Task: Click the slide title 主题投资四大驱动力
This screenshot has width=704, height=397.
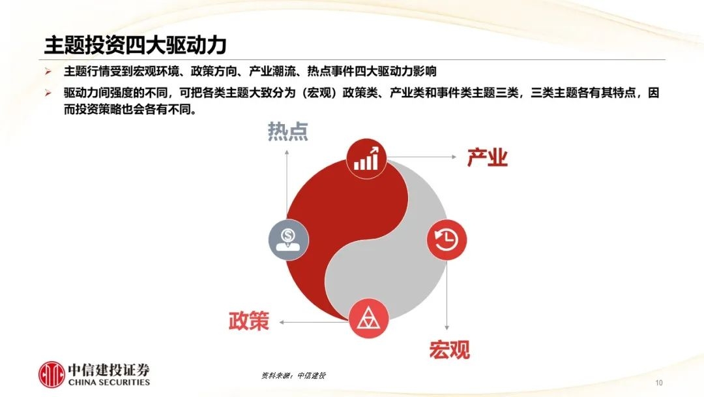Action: tap(135, 45)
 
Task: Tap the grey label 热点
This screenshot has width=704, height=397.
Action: tap(288, 131)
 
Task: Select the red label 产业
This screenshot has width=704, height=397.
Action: tap(487, 157)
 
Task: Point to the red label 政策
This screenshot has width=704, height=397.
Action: tap(249, 321)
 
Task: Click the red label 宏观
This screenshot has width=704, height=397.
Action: tap(449, 350)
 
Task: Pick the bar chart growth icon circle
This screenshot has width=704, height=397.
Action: tap(367, 159)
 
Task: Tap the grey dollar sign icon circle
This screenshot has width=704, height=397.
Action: tap(288, 240)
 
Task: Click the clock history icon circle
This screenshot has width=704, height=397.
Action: tap(447, 240)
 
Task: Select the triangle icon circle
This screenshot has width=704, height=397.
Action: tap(368, 319)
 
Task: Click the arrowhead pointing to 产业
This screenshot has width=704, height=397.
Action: tap(454, 157)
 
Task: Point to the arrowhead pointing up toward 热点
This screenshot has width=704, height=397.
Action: tap(286, 153)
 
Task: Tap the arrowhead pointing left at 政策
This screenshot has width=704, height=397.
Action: tap(282, 322)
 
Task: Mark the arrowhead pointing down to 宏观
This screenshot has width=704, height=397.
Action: tap(447, 327)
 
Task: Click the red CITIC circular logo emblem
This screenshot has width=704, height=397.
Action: tap(51, 374)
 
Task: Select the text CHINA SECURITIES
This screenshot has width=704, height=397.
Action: tap(109, 383)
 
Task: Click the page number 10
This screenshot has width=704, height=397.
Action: tap(658, 383)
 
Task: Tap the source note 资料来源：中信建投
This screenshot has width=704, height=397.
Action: tap(293, 375)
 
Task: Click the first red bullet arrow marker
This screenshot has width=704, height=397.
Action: tap(48, 71)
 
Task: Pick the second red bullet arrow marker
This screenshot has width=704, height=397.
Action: tap(48, 93)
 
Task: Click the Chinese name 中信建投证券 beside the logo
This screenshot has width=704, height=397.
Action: tap(109, 370)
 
